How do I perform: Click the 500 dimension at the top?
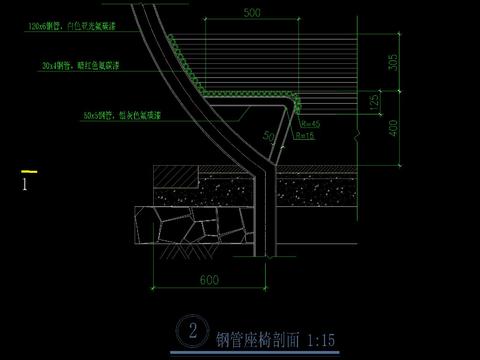coord(251,13)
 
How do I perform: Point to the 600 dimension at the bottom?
coord(209,280)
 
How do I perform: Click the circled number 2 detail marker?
coord(187,331)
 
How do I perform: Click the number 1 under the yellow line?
coord(25,184)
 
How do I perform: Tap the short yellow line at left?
coord(30,171)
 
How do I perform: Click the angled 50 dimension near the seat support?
coord(268,134)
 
